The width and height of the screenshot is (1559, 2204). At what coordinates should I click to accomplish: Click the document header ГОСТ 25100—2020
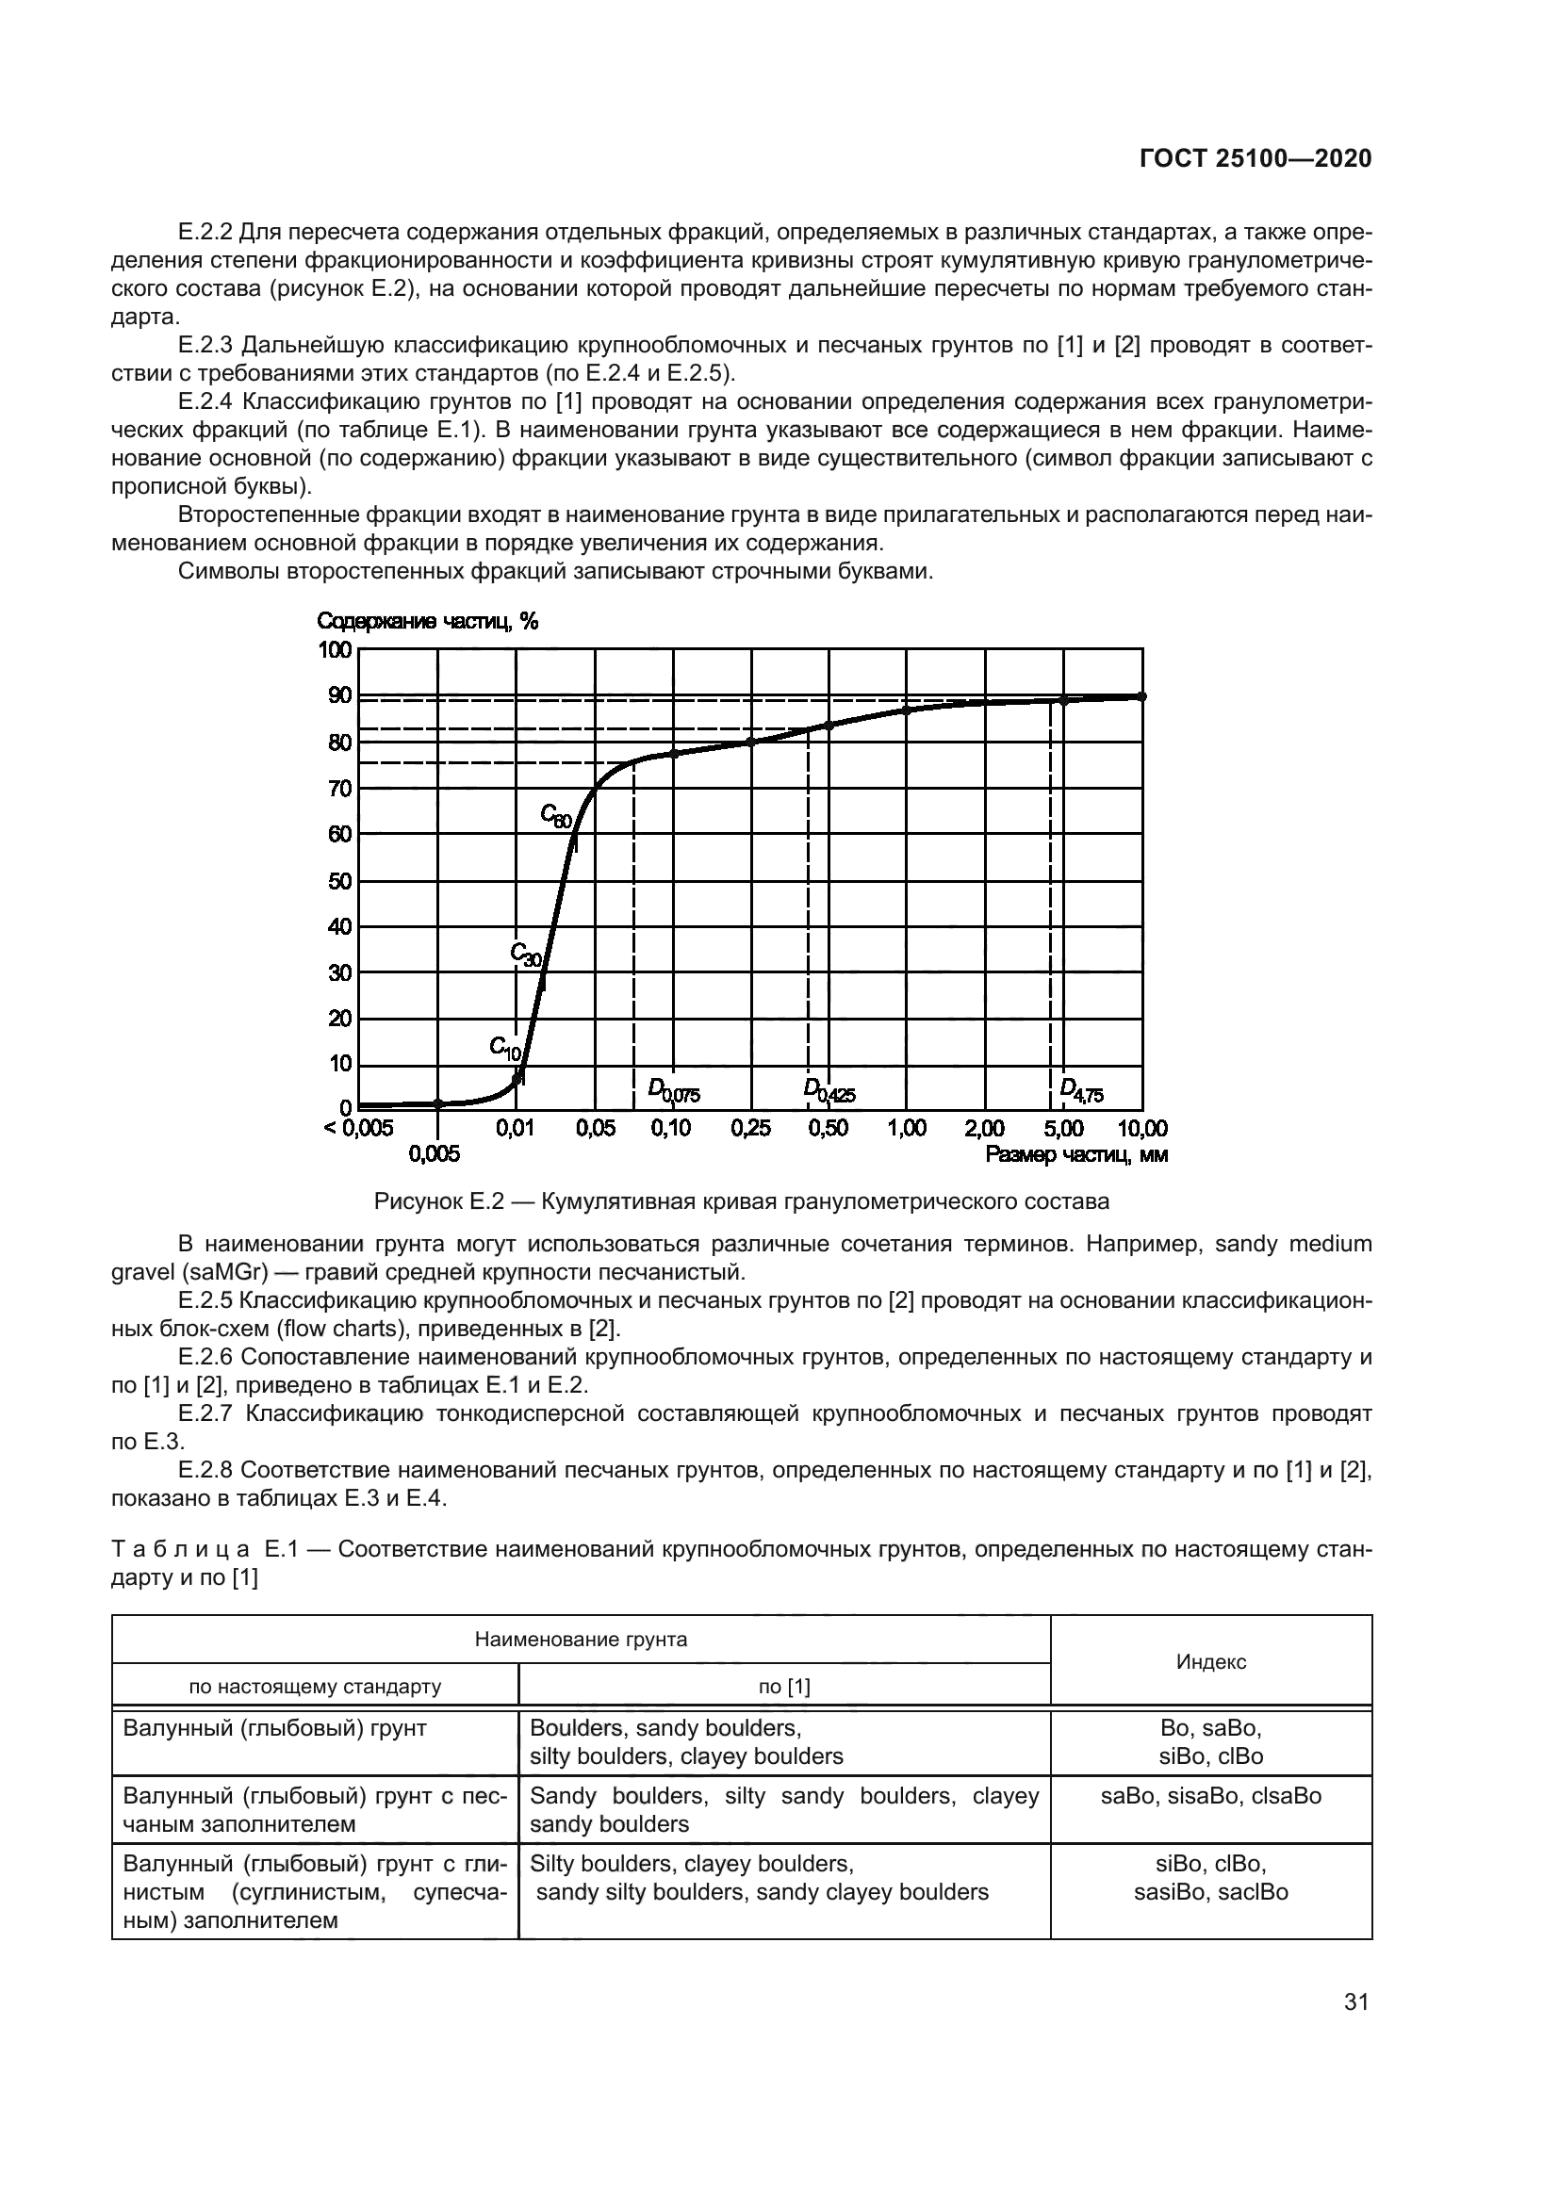coord(1255,159)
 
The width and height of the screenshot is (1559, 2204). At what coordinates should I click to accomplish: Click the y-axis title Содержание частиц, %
coord(428,622)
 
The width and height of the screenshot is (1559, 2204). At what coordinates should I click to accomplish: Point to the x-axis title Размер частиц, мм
coord(1076,1155)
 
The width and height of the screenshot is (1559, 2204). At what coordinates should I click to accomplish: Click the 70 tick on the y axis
coord(340,789)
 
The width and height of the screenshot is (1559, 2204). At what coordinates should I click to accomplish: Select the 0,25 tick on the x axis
coord(750,1129)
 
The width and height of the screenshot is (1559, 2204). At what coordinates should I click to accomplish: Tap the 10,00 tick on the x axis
coord(1141,1129)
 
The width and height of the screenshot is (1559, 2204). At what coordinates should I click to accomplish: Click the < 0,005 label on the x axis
coord(358,1129)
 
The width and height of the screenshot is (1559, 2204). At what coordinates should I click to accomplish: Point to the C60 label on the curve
coord(556,817)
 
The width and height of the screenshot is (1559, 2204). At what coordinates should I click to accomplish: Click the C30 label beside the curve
coord(525,955)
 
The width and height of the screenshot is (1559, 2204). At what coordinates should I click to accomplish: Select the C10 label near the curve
coord(504,1047)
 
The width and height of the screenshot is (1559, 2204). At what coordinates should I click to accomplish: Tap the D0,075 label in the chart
coord(674,1089)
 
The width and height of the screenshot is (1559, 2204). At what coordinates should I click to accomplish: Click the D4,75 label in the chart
coord(1081,1089)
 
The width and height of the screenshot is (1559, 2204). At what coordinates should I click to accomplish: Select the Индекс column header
coord(1210,1661)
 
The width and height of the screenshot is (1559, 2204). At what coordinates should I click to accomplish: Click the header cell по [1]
coord(784,1687)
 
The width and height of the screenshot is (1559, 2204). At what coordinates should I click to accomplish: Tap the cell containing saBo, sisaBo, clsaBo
coord(1210,1796)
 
